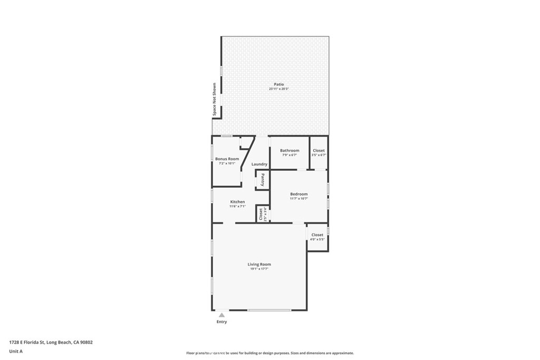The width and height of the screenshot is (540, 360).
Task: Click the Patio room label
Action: click(x=278, y=84)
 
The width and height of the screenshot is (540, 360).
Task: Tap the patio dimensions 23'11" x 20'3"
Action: click(x=278, y=89)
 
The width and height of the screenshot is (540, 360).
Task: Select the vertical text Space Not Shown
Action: click(x=215, y=100)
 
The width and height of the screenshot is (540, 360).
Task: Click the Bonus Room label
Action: click(x=227, y=159)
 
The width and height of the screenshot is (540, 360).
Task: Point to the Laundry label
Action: click(x=259, y=164)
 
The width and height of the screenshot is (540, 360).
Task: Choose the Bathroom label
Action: click(x=290, y=150)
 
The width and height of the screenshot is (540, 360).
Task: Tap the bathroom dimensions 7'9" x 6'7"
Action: click(x=290, y=155)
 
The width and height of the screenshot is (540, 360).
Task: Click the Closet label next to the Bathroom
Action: click(x=319, y=150)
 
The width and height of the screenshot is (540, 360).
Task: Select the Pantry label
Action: click(x=262, y=180)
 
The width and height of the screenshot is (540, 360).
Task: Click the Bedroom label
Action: click(x=298, y=194)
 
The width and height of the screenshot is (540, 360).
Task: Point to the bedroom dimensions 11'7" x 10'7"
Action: click(x=298, y=199)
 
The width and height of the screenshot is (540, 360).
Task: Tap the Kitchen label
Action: click(x=237, y=202)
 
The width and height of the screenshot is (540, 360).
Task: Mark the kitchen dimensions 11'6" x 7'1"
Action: click(x=237, y=207)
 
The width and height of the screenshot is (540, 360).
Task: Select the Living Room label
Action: click(x=259, y=264)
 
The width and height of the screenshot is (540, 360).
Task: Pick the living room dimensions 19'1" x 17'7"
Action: click(x=259, y=269)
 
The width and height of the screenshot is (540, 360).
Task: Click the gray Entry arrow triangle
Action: click(x=222, y=315)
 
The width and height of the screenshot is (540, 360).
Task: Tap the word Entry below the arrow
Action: click(x=222, y=322)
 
